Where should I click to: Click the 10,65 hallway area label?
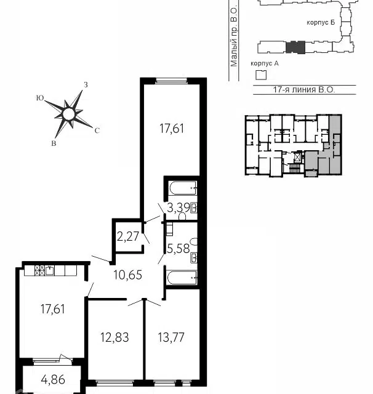tap(127, 275)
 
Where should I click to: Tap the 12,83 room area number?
tap(114, 337)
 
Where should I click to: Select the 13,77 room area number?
tap(171, 337)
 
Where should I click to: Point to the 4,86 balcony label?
tap(53, 379)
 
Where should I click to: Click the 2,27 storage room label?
tap(128, 236)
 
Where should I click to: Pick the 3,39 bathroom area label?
tap(178, 208)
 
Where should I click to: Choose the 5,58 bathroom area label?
tap(178, 249)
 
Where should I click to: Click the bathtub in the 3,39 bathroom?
tap(183, 188)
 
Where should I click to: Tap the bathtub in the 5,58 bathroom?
tap(182, 278)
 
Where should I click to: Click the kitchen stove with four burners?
tap(39, 270)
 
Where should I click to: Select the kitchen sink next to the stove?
tap(50, 270)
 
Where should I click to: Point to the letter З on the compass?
tap(86, 85)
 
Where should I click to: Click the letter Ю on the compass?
tap(40, 98)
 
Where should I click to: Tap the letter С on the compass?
tap(97, 131)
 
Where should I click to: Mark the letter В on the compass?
tap(54, 143)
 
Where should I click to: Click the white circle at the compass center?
tap(68, 115)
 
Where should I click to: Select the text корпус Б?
tap(321, 22)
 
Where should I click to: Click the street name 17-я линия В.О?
tap(304, 90)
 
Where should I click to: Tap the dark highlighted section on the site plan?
tap(295, 47)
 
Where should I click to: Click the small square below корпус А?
tap(261, 75)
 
